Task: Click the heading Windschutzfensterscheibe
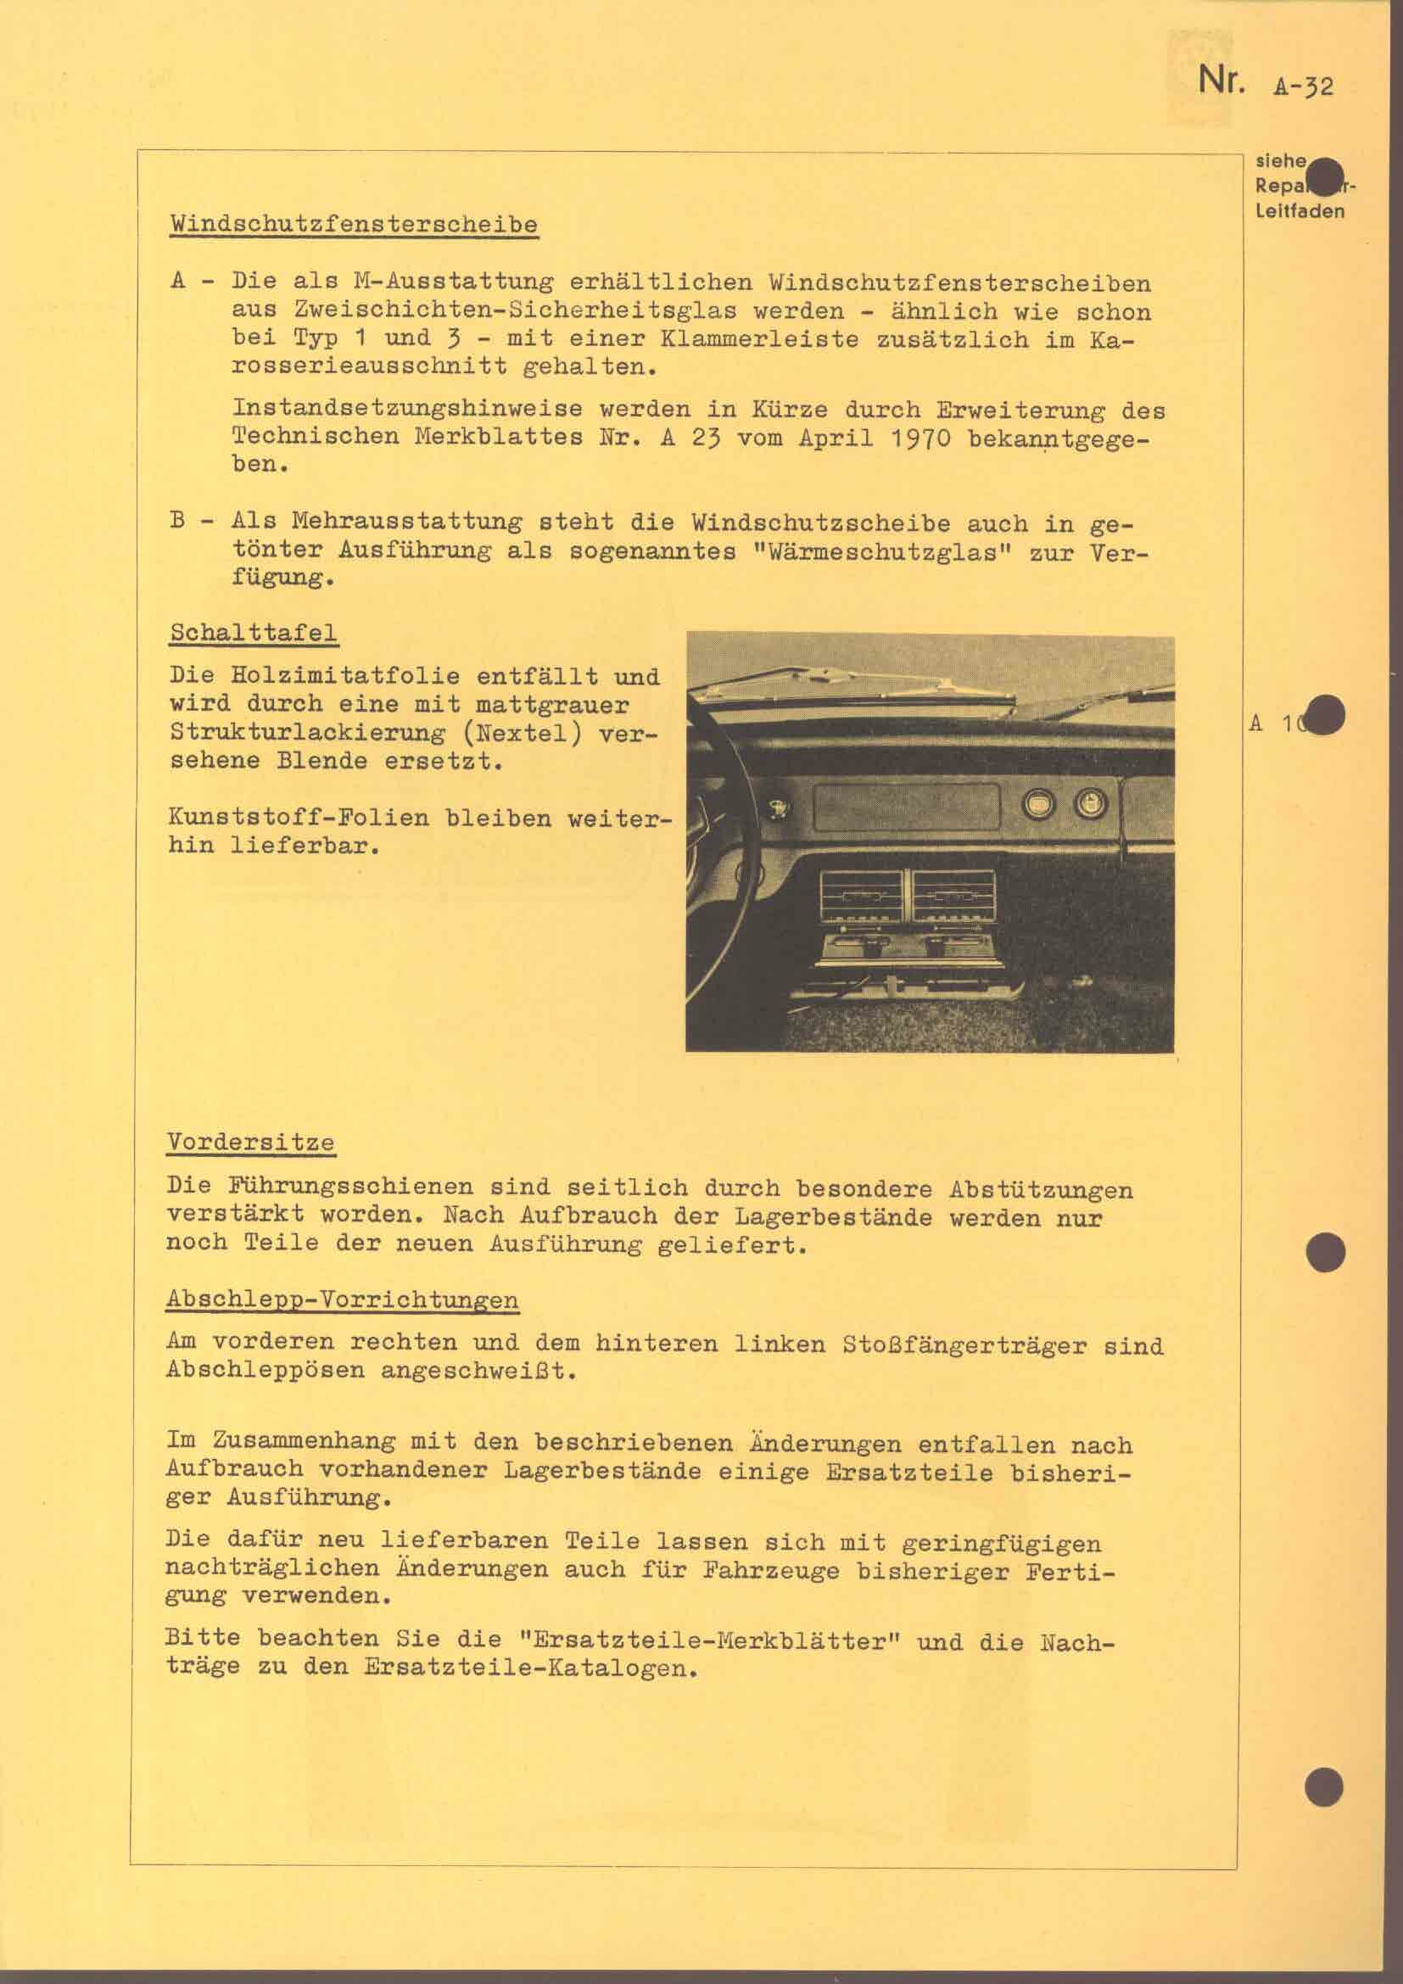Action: (x=354, y=223)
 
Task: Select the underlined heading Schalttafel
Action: (x=253, y=632)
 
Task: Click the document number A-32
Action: (x=1303, y=87)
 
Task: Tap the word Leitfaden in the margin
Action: (x=1300, y=211)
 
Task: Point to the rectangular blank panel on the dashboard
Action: (x=907, y=805)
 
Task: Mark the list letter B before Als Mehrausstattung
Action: (x=178, y=522)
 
